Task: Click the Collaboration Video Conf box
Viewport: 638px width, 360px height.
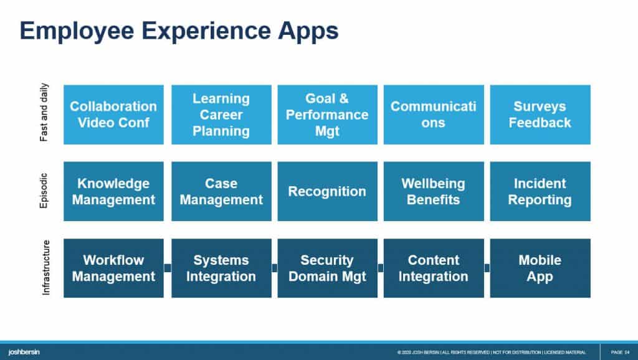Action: pos(113,115)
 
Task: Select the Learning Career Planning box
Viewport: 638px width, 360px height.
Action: pos(221,115)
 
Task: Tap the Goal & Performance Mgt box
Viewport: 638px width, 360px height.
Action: pos(327,115)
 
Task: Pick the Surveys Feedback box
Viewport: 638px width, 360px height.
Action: pos(540,115)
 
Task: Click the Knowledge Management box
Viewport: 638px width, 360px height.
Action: pos(113,191)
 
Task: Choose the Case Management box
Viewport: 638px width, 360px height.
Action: pos(221,191)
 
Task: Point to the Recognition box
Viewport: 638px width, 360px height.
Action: pos(327,191)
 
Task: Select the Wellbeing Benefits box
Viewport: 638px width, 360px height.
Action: pos(433,191)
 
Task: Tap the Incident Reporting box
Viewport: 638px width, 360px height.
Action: pos(540,191)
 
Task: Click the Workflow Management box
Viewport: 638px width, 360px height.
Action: pos(113,268)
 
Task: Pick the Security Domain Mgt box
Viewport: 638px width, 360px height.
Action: pos(327,268)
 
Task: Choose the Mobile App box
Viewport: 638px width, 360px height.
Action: pos(540,268)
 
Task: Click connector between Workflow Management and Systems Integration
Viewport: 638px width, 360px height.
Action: pos(168,268)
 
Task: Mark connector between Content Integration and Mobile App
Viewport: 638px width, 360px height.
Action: pos(487,268)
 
